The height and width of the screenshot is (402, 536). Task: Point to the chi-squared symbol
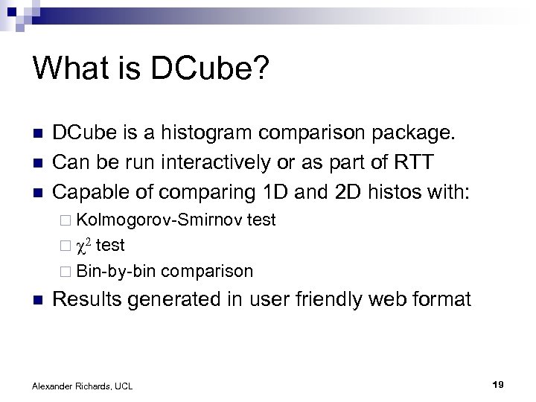(x=85, y=246)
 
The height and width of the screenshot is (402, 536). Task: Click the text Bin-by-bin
(x=115, y=271)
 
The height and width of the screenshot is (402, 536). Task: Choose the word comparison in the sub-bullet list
(x=207, y=271)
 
